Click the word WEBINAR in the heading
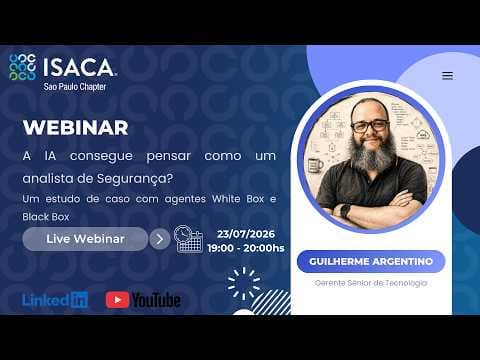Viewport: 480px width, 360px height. click(76, 128)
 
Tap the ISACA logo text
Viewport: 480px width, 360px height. click(80, 67)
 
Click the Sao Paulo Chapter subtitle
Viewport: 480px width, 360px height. click(75, 87)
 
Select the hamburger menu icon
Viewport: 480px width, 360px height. click(447, 76)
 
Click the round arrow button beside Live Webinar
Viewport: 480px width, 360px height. click(160, 239)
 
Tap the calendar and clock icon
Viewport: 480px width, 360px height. click(188, 239)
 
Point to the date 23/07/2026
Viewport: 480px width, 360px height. click(246, 234)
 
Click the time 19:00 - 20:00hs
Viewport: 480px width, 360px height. click(246, 248)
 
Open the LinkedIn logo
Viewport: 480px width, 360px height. click(55, 300)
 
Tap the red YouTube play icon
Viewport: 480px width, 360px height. click(117, 300)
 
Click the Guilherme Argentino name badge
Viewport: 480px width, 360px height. click(371, 262)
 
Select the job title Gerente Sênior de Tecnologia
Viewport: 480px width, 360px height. click(371, 283)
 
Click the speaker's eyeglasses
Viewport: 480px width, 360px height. click(370, 126)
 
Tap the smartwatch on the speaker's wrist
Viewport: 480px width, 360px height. click(345, 211)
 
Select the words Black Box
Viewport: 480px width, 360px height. click(46, 217)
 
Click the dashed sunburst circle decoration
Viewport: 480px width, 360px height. click(244, 283)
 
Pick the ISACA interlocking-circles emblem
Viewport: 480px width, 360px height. click(23, 67)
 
